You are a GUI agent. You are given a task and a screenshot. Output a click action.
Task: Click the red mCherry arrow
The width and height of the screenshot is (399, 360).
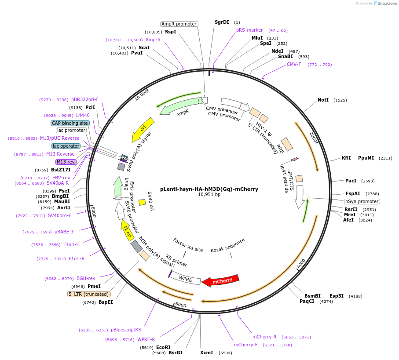[x=221, y=280]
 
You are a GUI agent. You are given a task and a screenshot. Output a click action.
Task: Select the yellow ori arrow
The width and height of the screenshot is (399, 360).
[x=143, y=130]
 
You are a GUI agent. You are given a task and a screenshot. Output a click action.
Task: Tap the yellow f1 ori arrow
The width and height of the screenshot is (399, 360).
[x=127, y=230]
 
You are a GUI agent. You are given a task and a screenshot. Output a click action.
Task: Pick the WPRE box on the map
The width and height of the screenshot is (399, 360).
[x=185, y=278]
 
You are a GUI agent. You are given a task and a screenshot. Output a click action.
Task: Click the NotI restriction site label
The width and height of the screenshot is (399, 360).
[x=323, y=100]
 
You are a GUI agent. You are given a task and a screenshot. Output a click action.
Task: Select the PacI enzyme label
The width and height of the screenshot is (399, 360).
[x=351, y=181]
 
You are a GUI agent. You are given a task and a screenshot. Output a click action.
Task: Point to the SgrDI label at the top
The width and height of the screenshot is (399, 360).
[x=222, y=22]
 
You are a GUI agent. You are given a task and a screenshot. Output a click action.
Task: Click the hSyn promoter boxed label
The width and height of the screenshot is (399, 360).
[x=362, y=201]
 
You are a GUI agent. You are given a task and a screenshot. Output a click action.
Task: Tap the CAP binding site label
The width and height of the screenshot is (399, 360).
[x=70, y=123]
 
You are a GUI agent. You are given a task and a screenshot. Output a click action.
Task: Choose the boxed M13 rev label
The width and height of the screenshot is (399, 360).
[x=66, y=162]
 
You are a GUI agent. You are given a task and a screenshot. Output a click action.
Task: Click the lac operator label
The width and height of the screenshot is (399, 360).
[x=66, y=146]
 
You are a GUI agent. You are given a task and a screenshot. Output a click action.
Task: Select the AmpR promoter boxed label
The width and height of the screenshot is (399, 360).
[x=179, y=24]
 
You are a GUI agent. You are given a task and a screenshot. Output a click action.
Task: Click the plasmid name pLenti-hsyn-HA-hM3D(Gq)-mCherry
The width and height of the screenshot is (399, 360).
[x=209, y=189]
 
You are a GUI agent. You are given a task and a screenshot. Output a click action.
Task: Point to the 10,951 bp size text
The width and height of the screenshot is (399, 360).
[x=209, y=194]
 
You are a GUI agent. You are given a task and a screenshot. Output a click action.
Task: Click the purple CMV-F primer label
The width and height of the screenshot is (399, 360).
[x=294, y=64]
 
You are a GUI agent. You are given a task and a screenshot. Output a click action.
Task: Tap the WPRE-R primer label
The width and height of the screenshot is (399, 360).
[x=146, y=339]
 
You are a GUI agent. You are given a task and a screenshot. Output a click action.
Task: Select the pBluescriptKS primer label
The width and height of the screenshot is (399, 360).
[x=126, y=330]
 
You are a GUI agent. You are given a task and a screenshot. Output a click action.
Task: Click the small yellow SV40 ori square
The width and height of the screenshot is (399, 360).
[x=142, y=202]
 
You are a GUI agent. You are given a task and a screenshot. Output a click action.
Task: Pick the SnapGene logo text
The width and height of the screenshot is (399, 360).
[x=387, y=4]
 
